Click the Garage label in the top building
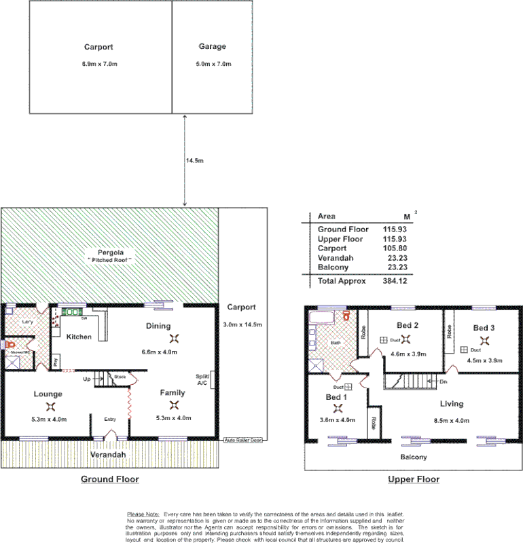(212, 47)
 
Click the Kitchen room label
(79, 337)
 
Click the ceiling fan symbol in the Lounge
(50, 407)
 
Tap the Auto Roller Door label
(242, 441)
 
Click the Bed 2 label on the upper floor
(407, 325)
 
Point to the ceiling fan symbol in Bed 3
(484, 341)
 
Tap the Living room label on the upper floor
(451, 404)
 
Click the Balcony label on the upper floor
(413, 457)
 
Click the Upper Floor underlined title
(413, 479)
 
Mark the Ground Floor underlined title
(110, 479)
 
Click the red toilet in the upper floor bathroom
(346, 316)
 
